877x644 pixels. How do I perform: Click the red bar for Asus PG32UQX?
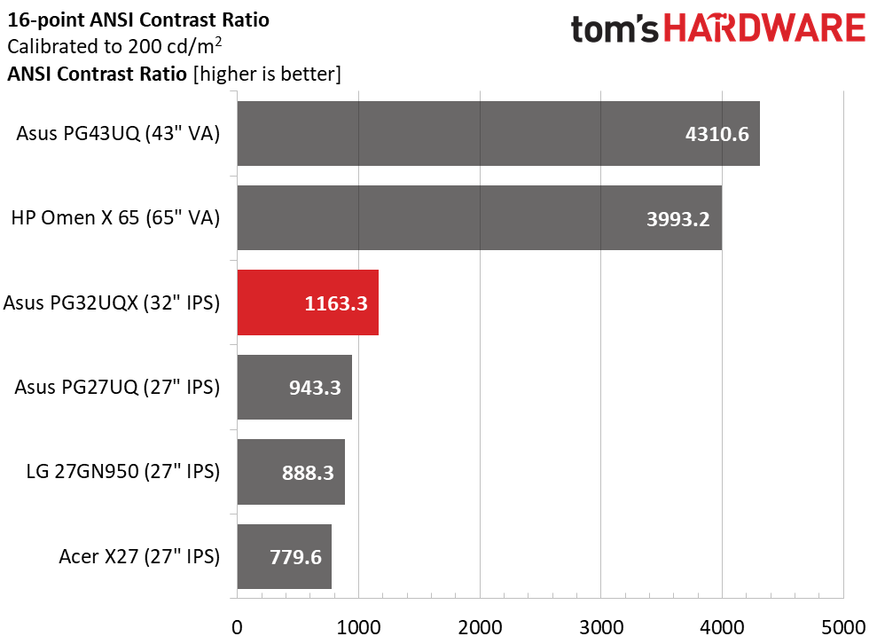pos(308,302)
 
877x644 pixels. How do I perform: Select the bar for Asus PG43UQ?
pos(498,133)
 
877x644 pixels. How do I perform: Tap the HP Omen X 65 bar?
pos(480,217)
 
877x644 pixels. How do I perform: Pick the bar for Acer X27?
pos(284,556)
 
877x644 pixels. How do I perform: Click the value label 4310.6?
pos(717,134)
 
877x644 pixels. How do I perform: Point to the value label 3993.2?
pos(677,219)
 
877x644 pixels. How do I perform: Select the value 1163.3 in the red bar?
pos(335,303)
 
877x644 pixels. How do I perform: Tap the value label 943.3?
pos(315,388)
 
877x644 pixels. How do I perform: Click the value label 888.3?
pos(308,473)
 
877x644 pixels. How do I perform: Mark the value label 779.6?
pos(295,557)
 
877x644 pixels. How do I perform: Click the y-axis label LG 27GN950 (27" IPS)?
pos(123,472)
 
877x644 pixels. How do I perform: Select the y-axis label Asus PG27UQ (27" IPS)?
pos(117,387)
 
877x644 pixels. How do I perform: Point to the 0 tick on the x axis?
pos(237,627)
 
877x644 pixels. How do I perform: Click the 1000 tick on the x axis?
pos(358,627)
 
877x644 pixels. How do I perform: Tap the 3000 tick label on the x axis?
pos(601,627)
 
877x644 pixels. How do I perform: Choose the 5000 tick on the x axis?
pos(843,627)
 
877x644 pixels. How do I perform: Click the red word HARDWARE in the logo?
pos(764,28)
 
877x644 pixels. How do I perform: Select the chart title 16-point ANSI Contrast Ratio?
pos(138,20)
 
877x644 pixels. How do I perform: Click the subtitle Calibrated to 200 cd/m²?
pos(114,46)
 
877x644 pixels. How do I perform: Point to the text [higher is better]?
pos(267,74)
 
